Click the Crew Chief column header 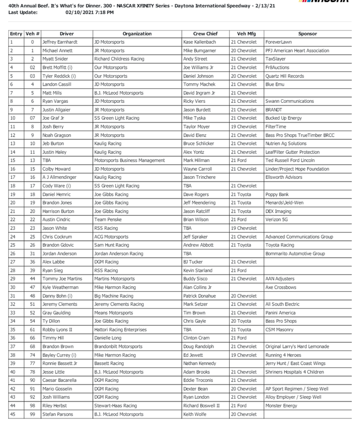pyautogui.click(x=205, y=34)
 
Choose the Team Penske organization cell pyautogui.click(x=107, y=220)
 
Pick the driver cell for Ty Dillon pyautogui.click(x=52, y=321)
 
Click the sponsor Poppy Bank pyautogui.click(x=277, y=195)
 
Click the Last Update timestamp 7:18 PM pyautogui.click(x=102, y=12)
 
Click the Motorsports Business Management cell pyautogui.click(x=130, y=161)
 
